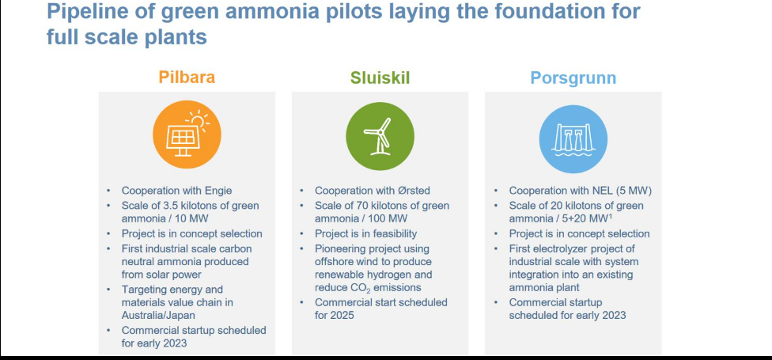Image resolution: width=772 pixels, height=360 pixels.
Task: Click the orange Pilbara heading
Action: pos(187,78)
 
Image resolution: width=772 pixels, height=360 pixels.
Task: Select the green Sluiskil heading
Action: pos(380,78)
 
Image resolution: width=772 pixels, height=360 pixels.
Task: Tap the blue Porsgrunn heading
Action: pos(573,78)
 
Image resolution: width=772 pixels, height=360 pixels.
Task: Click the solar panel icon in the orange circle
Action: pos(187,135)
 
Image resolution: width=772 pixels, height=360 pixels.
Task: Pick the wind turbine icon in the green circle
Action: pos(380,136)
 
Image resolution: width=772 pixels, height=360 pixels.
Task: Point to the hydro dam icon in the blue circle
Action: pos(573,138)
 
